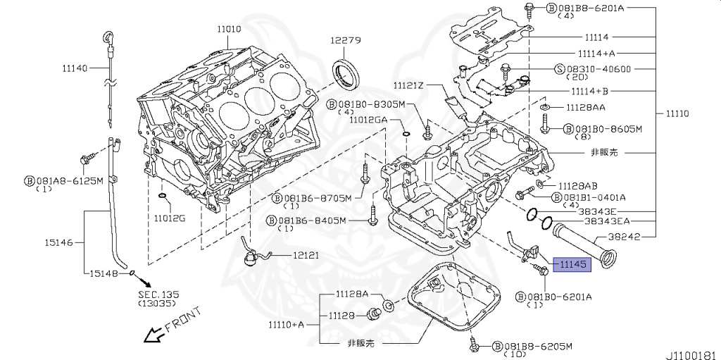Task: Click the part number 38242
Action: (624, 237)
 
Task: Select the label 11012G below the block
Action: (170, 218)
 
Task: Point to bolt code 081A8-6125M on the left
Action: (69, 181)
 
